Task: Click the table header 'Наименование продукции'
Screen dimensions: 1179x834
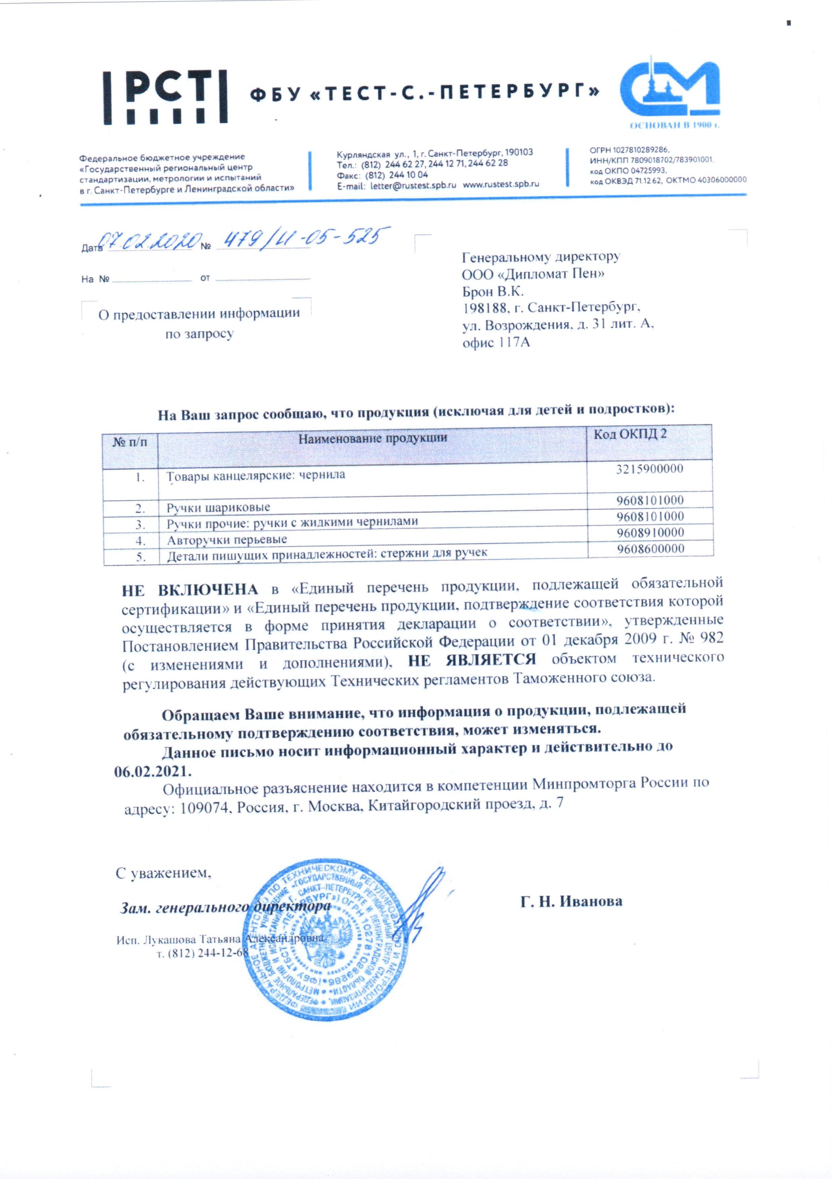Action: pos(373,438)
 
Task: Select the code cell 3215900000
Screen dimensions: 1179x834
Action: pos(649,469)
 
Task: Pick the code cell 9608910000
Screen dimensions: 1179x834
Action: pos(650,533)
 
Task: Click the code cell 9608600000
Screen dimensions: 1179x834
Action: pos(650,548)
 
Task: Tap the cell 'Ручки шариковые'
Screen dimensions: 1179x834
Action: pos(218,508)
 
